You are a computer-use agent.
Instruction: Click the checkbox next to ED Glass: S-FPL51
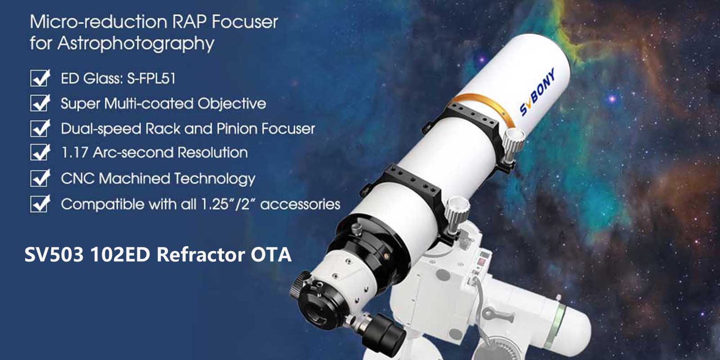[40, 78]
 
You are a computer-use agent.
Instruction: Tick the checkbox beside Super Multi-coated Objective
[40, 103]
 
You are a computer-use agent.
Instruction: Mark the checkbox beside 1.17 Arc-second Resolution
[40, 152]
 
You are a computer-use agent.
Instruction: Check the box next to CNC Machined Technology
[40, 178]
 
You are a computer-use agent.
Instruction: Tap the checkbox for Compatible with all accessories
[40, 204]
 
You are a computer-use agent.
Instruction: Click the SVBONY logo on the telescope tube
[537, 92]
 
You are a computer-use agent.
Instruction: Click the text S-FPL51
[151, 78]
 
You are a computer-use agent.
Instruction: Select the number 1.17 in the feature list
[74, 153]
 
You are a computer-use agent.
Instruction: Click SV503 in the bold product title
[54, 255]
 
